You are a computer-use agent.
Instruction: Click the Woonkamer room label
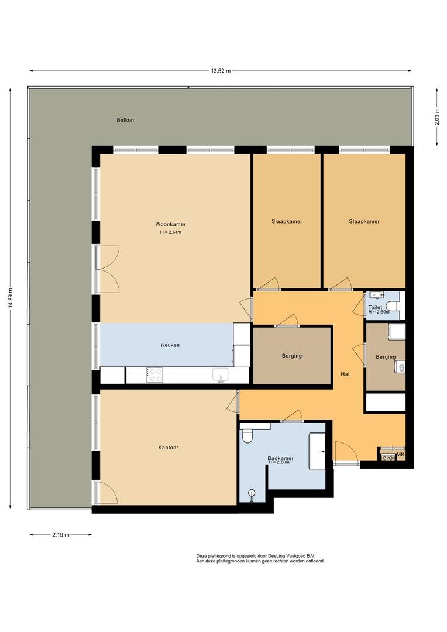[170, 225]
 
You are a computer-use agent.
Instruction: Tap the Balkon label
[125, 120]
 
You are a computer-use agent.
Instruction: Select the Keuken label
[170, 345]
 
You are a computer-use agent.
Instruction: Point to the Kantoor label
[168, 448]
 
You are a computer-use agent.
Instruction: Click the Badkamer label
[280, 458]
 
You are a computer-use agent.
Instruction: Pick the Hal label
[345, 374]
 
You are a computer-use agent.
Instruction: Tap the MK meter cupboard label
[401, 455]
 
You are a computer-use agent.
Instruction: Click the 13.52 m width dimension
[221, 71]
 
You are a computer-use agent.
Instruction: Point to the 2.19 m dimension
[60, 535]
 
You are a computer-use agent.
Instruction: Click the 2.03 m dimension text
[437, 117]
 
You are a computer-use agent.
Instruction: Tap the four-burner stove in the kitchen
[155, 375]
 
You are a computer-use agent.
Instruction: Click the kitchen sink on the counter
[221, 375]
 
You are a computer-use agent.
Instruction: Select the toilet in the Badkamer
[247, 436]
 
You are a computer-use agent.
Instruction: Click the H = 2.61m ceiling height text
[170, 232]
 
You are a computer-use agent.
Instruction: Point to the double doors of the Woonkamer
[107, 269]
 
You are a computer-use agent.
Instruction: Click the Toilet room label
[375, 308]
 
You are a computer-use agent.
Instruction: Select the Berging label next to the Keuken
[292, 356]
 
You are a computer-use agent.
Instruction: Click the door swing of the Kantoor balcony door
[108, 493]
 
